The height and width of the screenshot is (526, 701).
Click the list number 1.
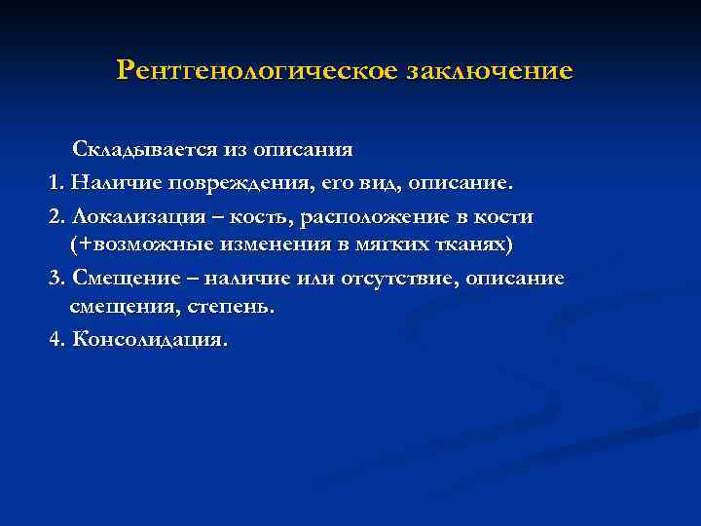(x=55, y=183)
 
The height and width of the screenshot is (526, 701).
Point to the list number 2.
(x=55, y=215)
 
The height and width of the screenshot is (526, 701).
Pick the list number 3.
(x=55, y=279)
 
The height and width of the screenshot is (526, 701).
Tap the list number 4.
(x=55, y=341)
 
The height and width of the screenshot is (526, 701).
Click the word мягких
(x=379, y=242)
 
